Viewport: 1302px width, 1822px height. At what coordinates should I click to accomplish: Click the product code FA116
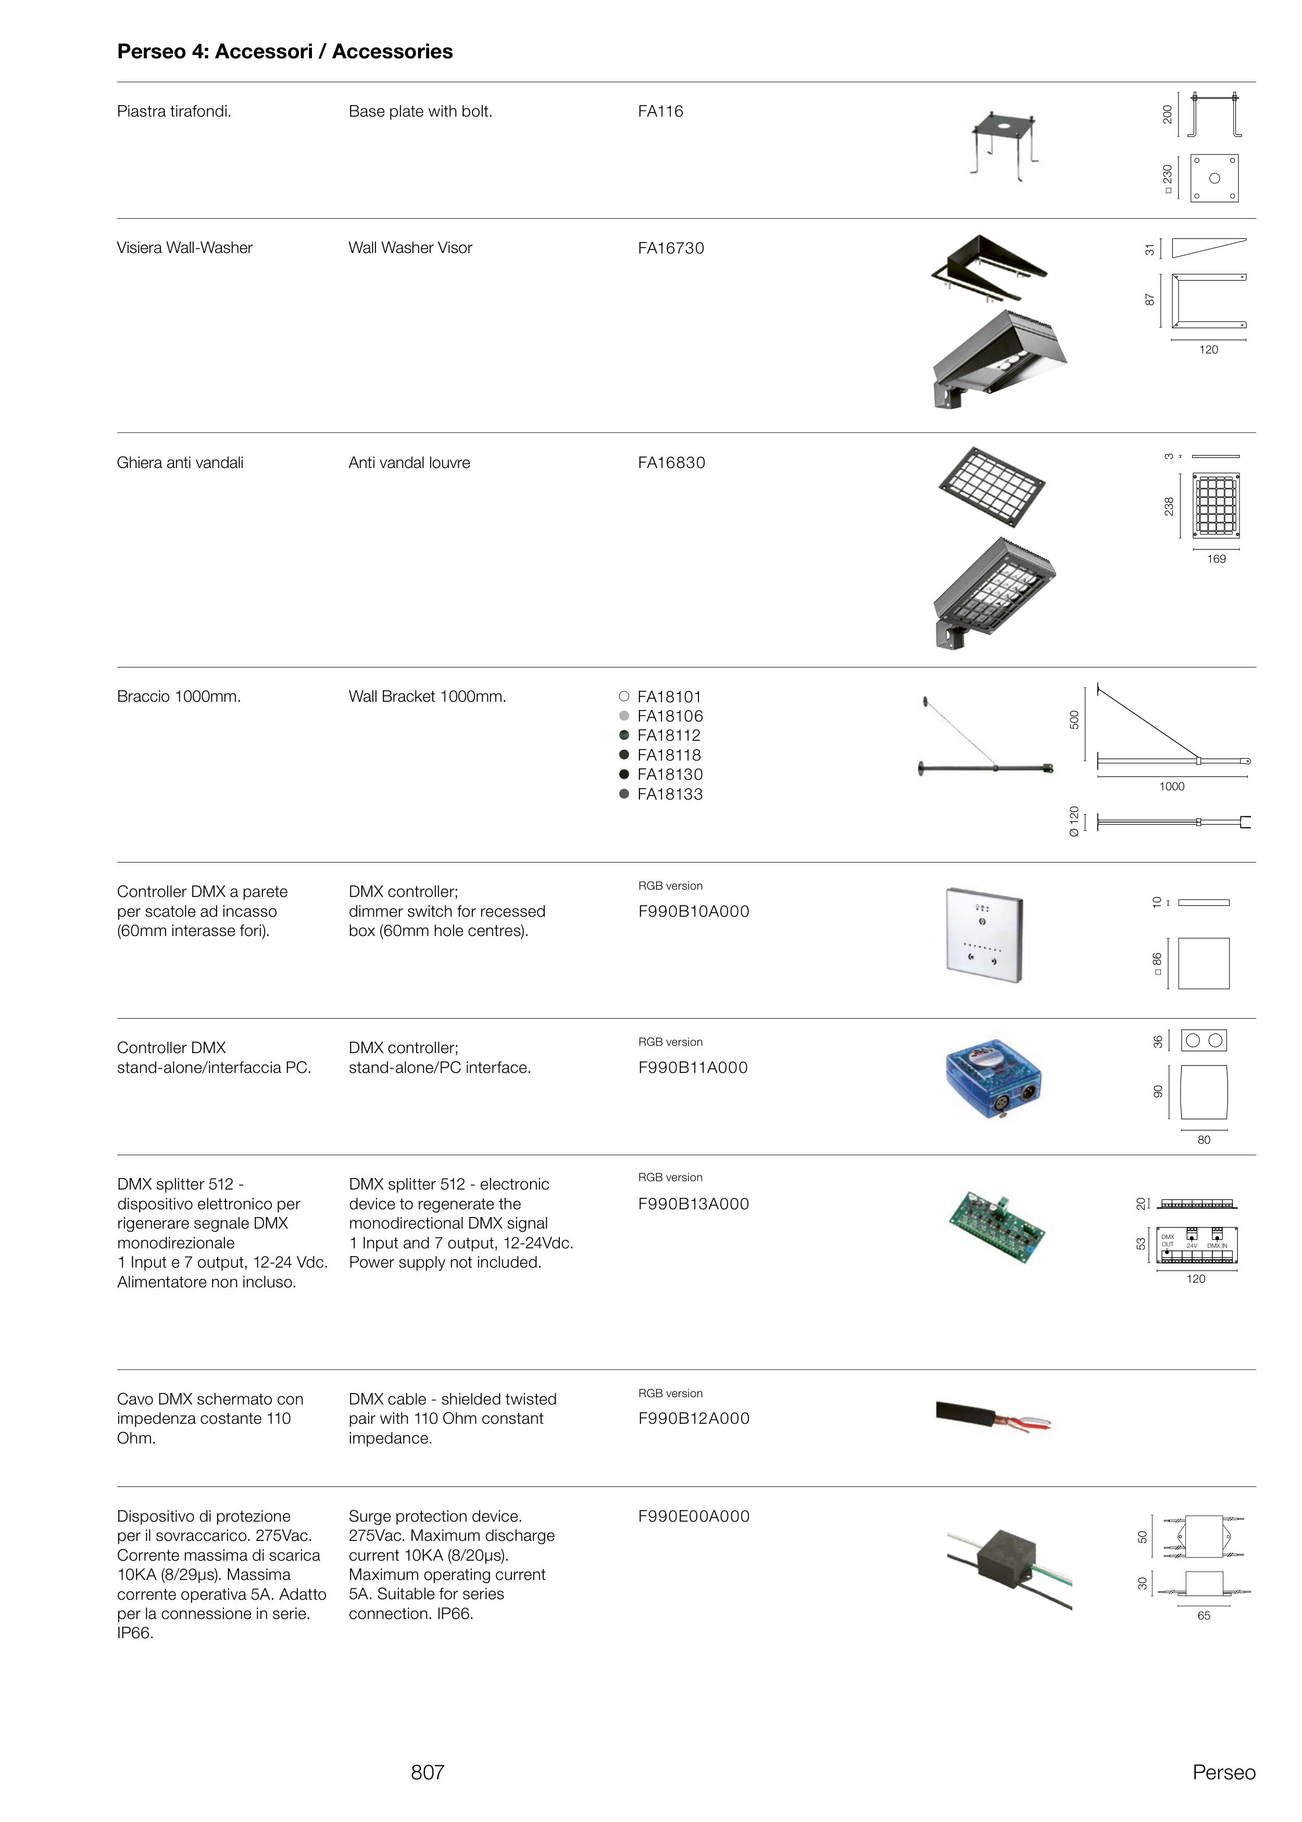pos(660,111)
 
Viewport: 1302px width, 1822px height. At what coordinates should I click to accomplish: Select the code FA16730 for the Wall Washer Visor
pos(670,248)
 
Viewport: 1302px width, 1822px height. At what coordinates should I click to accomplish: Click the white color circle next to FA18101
pos(624,697)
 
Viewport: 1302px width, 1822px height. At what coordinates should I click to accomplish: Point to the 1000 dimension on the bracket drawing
pos(1171,787)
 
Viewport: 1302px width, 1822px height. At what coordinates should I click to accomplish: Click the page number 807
pos(428,1773)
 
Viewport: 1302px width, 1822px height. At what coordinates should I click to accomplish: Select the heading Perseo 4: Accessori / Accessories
pos(284,52)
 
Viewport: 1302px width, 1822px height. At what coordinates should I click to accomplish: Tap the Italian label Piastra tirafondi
pos(174,111)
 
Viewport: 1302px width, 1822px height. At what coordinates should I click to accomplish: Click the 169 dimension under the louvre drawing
pos(1216,559)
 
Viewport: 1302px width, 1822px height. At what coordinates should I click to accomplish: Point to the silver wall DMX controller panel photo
pos(984,934)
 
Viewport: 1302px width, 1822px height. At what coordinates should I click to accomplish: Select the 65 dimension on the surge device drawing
pos(1204,1616)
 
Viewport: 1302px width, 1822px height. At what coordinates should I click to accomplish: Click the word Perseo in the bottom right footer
pos(1223,1773)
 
